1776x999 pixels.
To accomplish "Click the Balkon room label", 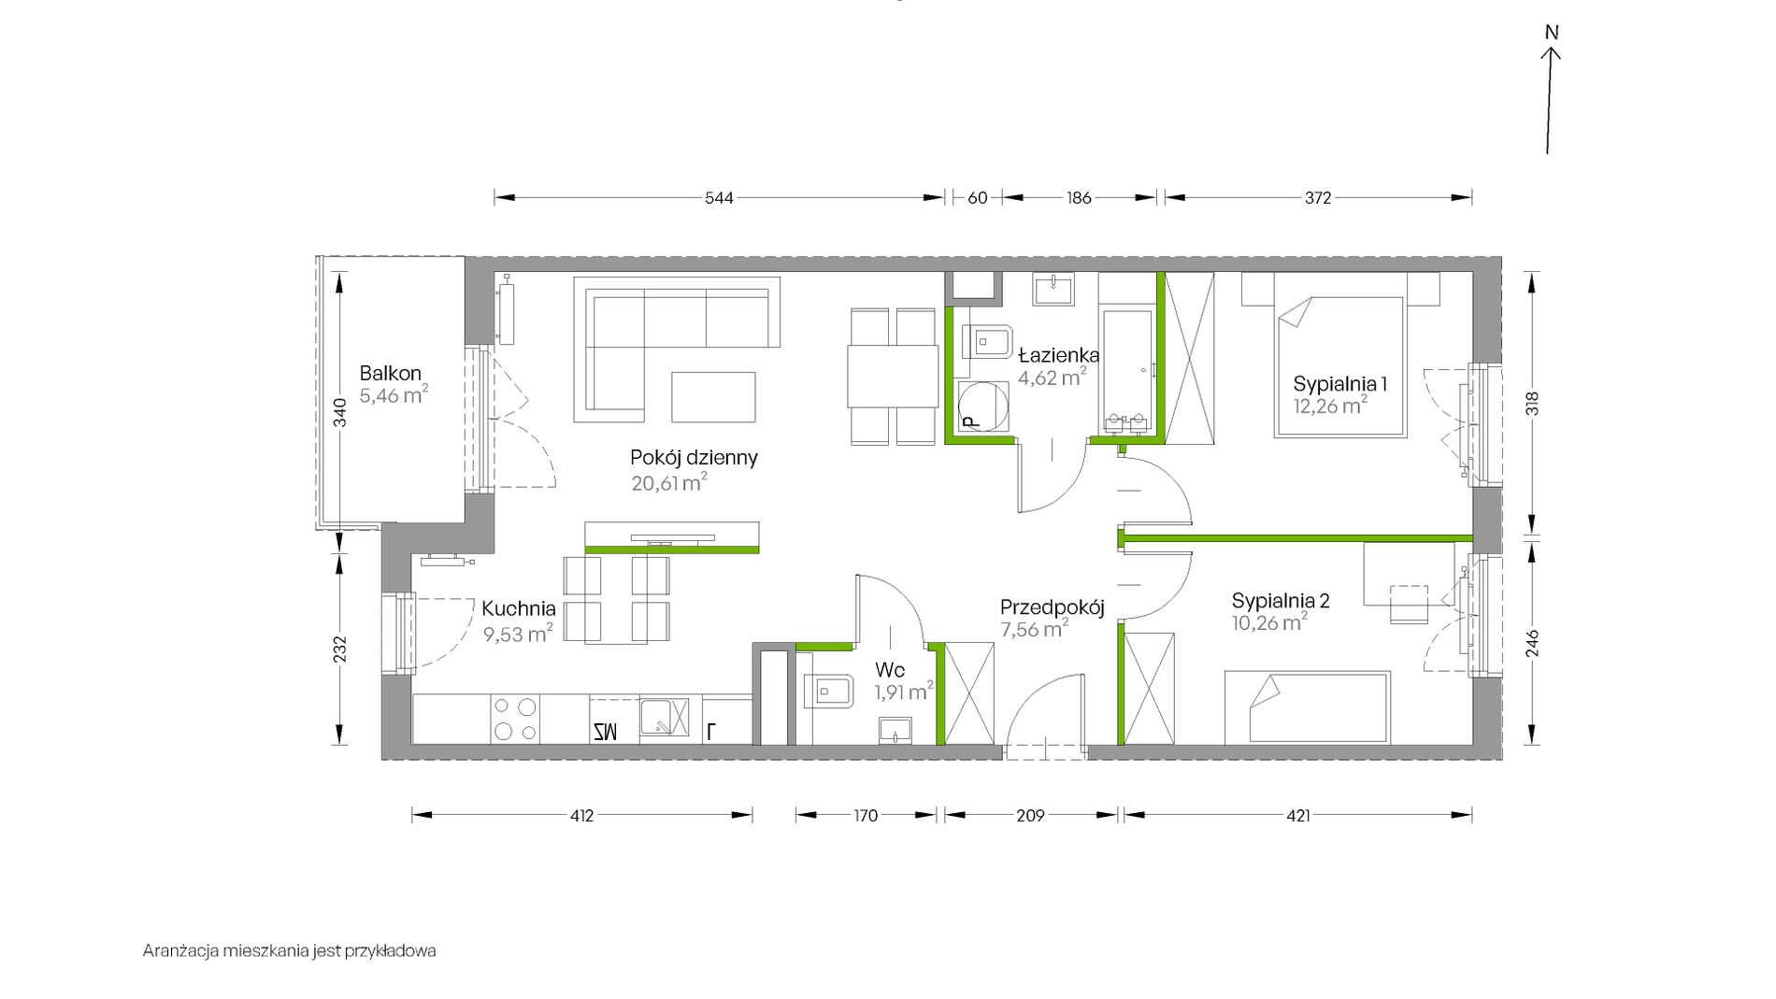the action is (391, 374).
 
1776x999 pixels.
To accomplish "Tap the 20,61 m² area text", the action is (669, 482).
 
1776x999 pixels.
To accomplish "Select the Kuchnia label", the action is (519, 608).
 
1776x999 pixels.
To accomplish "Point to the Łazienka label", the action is (1058, 355).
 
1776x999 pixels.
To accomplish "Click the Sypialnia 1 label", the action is (1339, 383).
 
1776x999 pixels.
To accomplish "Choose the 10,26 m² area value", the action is (1269, 621).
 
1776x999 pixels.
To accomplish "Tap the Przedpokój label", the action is (1053, 607).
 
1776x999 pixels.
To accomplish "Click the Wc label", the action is (890, 670).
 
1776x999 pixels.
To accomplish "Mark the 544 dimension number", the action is (719, 197).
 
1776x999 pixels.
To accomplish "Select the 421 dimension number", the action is (1298, 816).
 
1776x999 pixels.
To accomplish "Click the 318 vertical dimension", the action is (1532, 403).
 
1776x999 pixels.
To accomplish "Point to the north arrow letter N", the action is (1552, 33).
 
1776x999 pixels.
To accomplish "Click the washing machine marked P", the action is (983, 407).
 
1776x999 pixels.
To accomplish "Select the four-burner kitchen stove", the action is (515, 720).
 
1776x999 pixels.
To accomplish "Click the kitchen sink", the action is (665, 718).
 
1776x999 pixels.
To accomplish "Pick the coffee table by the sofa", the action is (713, 397).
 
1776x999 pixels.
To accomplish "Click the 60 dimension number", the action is (977, 197).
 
